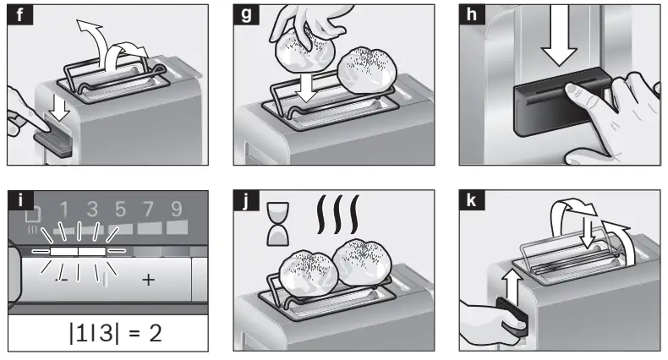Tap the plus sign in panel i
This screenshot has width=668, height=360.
click(x=148, y=280)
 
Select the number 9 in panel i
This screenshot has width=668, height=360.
click(x=176, y=209)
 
